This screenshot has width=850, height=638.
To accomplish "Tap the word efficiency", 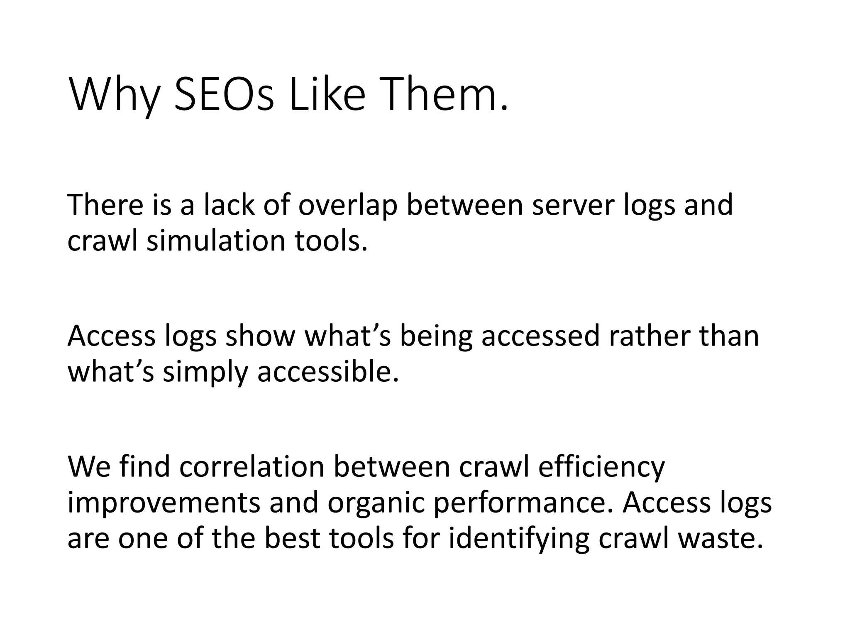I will click(601, 467).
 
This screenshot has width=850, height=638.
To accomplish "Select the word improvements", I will click(164, 503).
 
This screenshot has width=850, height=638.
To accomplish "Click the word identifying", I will click(519, 539).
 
